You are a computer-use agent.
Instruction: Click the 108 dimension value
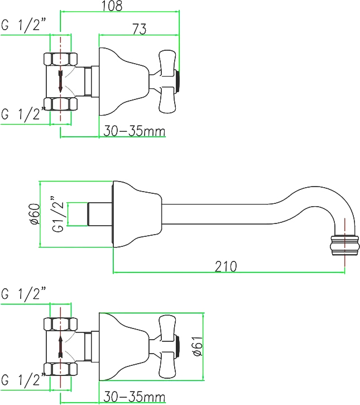(112, 6)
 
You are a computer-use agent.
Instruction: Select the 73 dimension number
(140, 28)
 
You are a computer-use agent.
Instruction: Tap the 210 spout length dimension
(226, 266)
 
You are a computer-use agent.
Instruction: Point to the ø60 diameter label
(35, 215)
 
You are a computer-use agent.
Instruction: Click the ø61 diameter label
(198, 347)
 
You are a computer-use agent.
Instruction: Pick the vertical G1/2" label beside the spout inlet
(57, 215)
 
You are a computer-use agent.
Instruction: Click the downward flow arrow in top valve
(60, 82)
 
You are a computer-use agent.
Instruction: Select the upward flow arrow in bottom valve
(60, 347)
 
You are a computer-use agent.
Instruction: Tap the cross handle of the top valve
(167, 82)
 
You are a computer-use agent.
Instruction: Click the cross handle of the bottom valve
(167, 347)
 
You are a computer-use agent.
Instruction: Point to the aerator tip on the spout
(345, 245)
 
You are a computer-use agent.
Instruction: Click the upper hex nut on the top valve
(60, 59)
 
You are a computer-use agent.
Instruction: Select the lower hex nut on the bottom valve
(60, 369)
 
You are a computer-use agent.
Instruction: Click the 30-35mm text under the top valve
(134, 131)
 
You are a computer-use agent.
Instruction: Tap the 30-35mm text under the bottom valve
(134, 397)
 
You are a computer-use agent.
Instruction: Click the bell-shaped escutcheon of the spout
(137, 214)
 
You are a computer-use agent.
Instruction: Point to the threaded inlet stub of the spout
(99, 214)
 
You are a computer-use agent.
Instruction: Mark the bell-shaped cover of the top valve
(124, 82)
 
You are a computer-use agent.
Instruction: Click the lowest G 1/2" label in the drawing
(23, 380)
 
